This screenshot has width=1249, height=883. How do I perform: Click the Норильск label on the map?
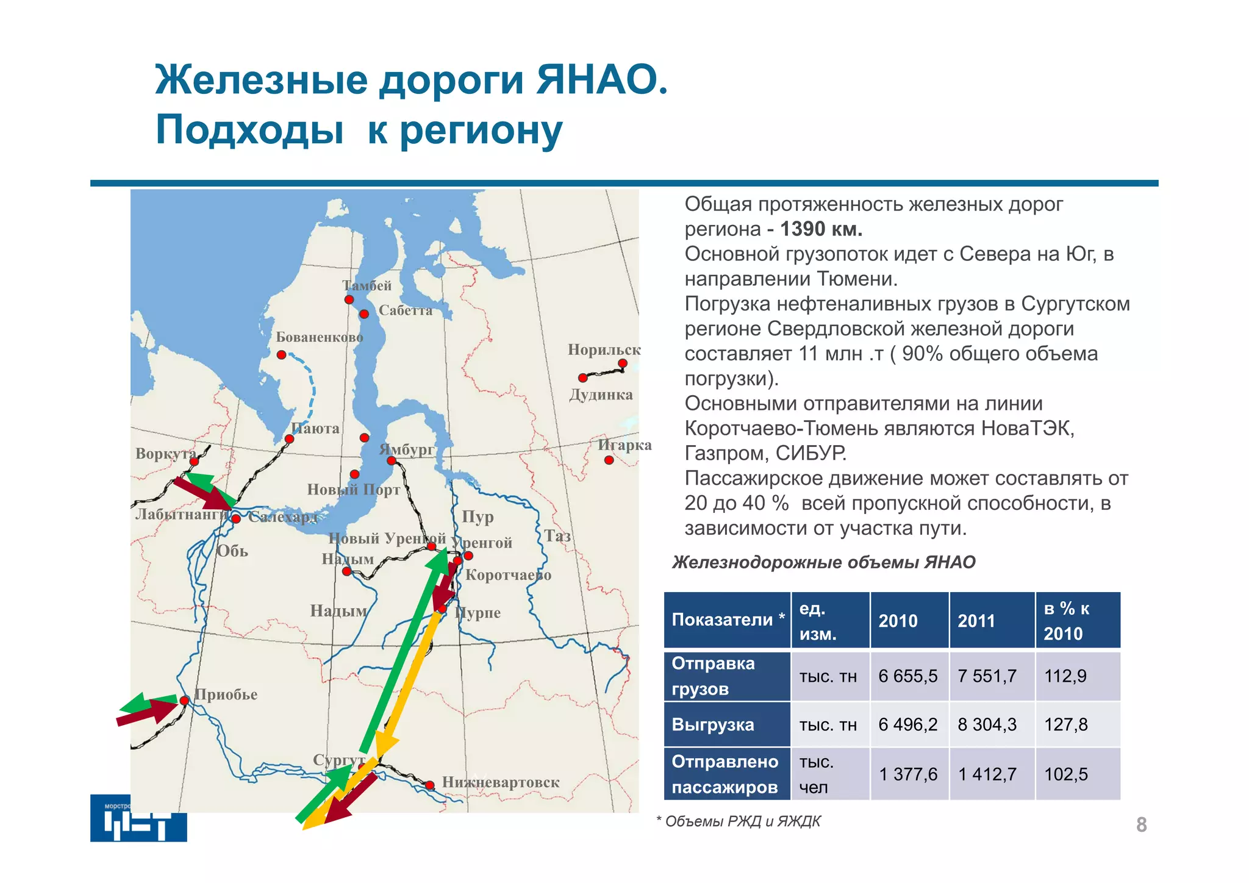click(604, 349)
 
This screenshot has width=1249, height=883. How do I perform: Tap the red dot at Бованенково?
click(281, 355)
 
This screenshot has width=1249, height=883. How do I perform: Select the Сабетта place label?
click(406, 310)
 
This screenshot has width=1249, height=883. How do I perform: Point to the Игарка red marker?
click(609, 460)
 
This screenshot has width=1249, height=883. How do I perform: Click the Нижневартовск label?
click(500, 782)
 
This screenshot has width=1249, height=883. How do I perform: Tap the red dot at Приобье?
click(184, 701)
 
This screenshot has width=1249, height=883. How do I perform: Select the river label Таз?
click(557, 536)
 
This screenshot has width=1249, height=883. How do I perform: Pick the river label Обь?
click(232, 551)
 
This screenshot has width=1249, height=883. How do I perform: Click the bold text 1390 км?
click(821, 229)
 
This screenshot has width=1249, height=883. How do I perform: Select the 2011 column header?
click(976, 621)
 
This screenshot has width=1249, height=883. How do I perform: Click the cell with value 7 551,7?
click(987, 676)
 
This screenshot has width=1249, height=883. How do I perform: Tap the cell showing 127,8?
click(1065, 724)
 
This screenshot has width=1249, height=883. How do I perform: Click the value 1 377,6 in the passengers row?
click(907, 774)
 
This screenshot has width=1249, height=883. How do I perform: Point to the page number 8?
click(1141, 824)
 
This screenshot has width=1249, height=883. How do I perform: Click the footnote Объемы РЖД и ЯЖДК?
click(742, 821)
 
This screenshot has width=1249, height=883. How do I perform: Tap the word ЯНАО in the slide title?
click(601, 79)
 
